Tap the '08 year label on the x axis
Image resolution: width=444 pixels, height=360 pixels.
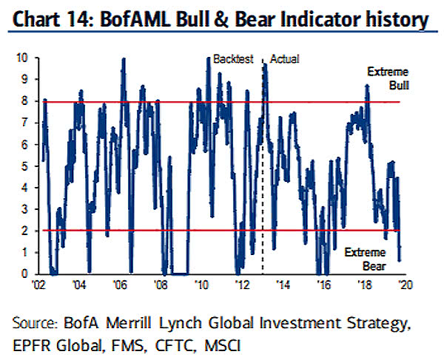click(x=159, y=284)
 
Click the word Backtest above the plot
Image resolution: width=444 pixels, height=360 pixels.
click(x=233, y=58)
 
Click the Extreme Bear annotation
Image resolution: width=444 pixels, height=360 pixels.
click(x=365, y=259)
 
